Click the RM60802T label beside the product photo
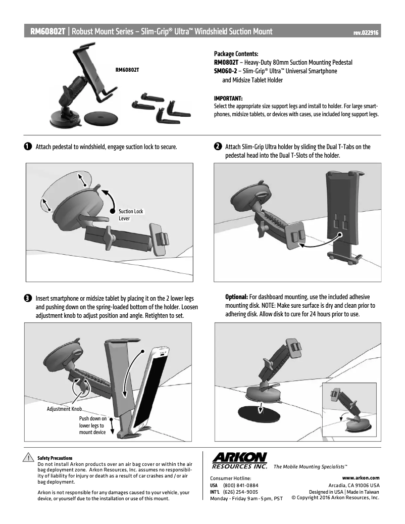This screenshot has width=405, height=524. point(127,70)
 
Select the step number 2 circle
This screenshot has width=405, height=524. point(217,147)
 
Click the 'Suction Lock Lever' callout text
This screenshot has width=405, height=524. point(131,215)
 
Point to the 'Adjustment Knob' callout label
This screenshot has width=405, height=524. point(64,409)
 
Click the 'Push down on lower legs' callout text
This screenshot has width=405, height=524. point(92,425)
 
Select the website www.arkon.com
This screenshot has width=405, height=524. point(361,477)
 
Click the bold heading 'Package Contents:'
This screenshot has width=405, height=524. point(236,54)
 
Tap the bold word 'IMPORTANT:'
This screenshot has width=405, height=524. point(228,98)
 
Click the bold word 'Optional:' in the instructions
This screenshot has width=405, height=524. point(236,297)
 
